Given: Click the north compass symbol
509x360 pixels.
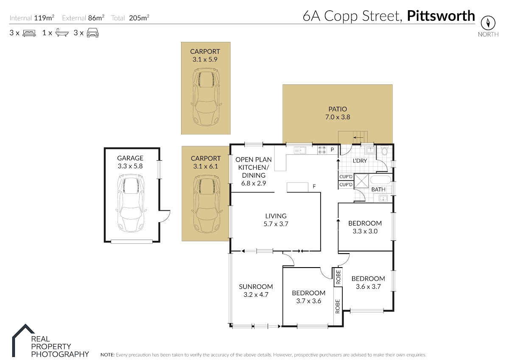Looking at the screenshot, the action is pyautogui.click(x=488, y=23).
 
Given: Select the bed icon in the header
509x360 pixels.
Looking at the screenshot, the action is pyautogui.click(x=29, y=33).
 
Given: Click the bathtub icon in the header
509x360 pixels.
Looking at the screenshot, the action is pyautogui.click(x=62, y=33).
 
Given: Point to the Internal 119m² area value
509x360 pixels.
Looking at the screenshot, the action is pyautogui.click(x=44, y=18).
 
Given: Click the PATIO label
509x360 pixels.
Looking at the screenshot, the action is pyautogui.click(x=338, y=109).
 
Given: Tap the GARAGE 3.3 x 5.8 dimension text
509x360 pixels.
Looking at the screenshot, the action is pyautogui.click(x=130, y=166).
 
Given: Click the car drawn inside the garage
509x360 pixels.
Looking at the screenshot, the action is pyautogui.click(x=131, y=203).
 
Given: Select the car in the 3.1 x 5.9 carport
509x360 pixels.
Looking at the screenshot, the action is pyautogui.click(x=206, y=97).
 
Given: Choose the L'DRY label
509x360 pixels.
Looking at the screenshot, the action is pyautogui.click(x=360, y=161).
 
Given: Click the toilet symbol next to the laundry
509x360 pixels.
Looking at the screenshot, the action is pyautogui.click(x=384, y=151).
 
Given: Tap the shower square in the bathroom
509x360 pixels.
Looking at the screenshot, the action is pyautogui.click(x=361, y=181).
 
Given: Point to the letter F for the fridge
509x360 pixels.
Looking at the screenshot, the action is pyautogui.click(x=314, y=187).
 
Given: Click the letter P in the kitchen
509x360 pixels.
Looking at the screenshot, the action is pyautogui.click(x=332, y=150).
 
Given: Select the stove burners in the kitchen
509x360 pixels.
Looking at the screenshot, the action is pyautogui.click(x=322, y=150).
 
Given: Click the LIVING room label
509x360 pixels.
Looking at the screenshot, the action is pyautogui.click(x=276, y=216).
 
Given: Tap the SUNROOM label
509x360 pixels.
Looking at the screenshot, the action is pyautogui.click(x=256, y=287).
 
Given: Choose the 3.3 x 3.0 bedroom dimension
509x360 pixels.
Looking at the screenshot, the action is pyautogui.click(x=365, y=231).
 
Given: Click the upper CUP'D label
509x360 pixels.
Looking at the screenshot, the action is pyautogui.click(x=346, y=177).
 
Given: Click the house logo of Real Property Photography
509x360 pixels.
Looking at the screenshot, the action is pyautogui.click(x=23, y=340).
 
